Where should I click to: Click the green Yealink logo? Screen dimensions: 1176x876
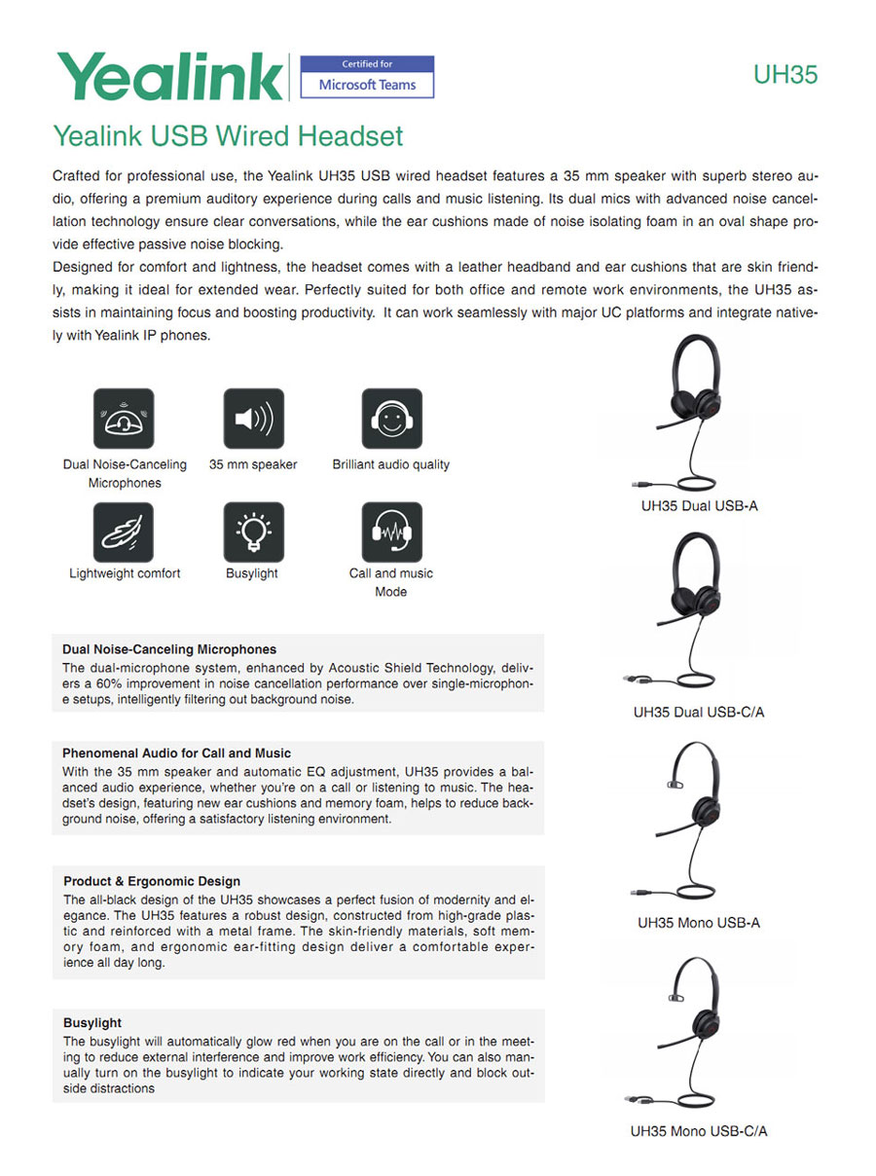tap(170, 76)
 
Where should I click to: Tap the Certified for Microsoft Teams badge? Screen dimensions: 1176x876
tap(367, 77)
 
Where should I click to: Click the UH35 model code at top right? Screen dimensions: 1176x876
tap(785, 75)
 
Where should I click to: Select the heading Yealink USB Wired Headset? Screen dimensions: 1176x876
tap(228, 135)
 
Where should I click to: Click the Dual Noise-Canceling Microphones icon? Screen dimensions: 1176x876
tap(124, 419)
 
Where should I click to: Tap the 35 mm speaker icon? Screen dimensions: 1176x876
tap(253, 419)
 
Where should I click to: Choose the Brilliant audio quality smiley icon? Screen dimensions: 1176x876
tap(391, 419)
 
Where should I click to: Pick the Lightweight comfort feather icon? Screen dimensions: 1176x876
tap(124, 532)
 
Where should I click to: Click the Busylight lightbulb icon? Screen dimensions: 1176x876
tap(253, 532)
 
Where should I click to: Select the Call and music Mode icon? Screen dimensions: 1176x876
tap(391, 532)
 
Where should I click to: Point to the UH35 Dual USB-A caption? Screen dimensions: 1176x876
tap(699, 506)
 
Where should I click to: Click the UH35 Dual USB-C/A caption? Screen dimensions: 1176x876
tap(699, 712)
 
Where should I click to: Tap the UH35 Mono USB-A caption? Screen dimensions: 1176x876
tap(699, 922)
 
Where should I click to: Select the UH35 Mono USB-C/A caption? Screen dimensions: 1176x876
tap(699, 1131)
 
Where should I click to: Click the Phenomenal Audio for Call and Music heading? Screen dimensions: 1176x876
tap(176, 753)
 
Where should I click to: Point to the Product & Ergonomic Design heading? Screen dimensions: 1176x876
tap(152, 881)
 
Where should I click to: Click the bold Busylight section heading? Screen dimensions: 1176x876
tap(92, 1022)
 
